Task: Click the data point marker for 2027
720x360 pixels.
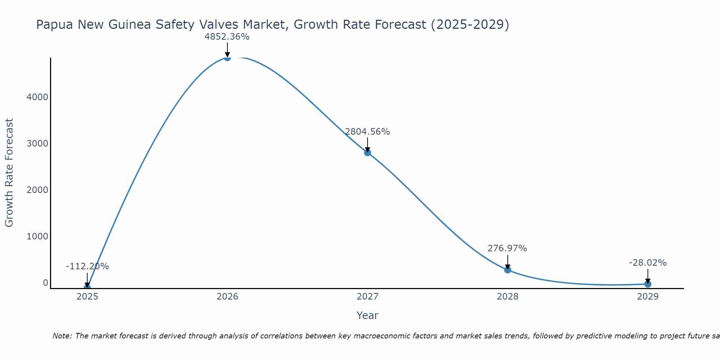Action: (367, 153)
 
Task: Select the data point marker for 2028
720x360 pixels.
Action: (508, 270)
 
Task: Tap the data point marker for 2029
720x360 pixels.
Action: (648, 284)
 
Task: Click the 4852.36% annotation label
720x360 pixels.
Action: (227, 37)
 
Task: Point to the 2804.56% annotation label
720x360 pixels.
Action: (367, 132)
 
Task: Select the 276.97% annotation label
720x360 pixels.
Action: (507, 248)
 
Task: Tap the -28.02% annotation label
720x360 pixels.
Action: (648, 263)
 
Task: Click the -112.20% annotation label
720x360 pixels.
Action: (87, 266)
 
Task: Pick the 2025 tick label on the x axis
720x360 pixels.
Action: (87, 297)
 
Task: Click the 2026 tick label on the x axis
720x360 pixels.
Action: (227, 297)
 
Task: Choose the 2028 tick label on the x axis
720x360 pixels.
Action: (508, 297)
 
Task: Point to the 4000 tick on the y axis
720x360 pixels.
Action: (37, 97)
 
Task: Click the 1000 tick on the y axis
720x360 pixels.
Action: (37, 237)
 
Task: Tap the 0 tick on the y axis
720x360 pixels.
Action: (45, 283)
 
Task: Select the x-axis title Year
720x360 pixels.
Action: (367, 316)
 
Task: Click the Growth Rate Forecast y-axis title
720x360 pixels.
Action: (9, 173)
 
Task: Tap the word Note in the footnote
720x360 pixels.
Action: (62, 336)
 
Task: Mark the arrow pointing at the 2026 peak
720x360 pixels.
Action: (227, 50)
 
